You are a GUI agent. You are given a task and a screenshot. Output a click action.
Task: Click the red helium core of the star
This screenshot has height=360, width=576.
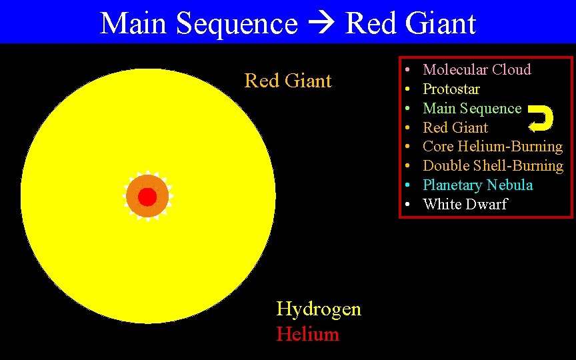[x=147, y=197]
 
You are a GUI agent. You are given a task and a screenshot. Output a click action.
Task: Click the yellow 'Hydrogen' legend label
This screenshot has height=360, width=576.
[x=319, y=309]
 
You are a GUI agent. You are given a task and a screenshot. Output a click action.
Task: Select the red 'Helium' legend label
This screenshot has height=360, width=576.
[x=308, y=333]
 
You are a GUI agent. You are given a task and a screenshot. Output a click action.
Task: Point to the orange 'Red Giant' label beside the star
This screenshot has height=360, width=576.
[x=288, y=81]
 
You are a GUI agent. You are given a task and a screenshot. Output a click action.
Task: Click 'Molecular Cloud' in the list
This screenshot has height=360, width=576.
[x=477, y=69]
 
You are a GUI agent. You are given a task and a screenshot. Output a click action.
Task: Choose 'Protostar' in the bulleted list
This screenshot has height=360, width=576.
[x=451, y=89]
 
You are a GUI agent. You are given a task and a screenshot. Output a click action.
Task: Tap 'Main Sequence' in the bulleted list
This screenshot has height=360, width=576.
[x=472, y=108]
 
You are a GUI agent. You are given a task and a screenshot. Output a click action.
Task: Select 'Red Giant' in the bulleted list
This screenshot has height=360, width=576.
[x=455, y=127]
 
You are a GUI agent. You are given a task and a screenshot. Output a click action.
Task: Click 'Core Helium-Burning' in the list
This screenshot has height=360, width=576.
[x=493, y=146]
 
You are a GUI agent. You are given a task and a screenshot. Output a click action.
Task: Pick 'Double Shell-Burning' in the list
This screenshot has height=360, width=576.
[x=493, y=165]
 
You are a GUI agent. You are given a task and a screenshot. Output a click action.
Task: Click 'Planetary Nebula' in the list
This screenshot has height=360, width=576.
[x=478, y=185]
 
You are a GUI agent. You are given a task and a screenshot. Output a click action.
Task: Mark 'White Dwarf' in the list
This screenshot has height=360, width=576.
[x=465, y=204]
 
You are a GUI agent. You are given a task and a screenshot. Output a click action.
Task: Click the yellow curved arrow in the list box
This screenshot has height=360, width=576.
[x=541, y=118]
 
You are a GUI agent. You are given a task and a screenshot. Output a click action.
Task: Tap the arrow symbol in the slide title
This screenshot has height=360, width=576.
[x=321, y=24]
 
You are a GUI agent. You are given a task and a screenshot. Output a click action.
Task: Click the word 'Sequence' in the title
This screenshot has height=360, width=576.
[x=237, y=24]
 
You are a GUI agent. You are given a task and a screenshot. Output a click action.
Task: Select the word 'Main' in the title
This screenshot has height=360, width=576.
[x=134, y=24]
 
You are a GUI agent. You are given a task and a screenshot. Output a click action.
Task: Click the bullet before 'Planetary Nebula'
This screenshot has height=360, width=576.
[x=407, y=185]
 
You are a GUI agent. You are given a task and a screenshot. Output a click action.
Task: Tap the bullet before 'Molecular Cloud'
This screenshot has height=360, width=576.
[x=407, y=69]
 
